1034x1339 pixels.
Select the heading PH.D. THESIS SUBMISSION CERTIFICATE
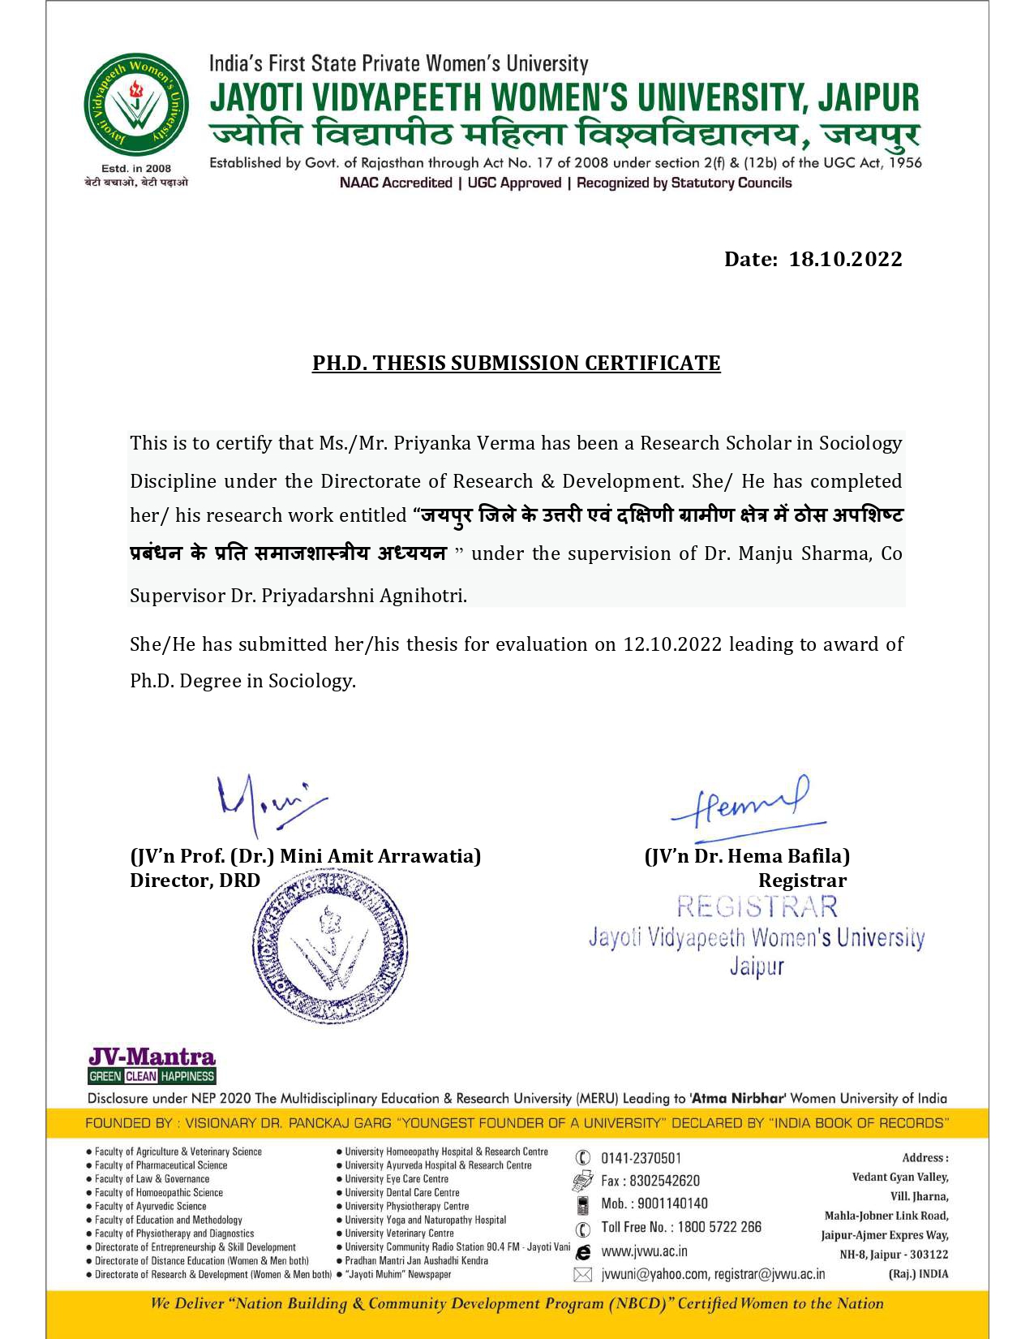[x=517, y=363]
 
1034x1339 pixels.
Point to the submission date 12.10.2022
[x=672, y=644]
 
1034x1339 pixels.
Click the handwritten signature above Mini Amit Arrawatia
[x=268, y=802]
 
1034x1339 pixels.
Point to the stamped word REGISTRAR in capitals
[x=757, y=906]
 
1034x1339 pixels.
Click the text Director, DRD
[x=195, y=880]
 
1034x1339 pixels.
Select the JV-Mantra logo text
[x=152, y=1057]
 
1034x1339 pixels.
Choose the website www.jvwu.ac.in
[x=644, y=1251]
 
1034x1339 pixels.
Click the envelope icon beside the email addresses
[x=582, y=1275]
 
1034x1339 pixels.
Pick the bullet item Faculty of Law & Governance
[x=152, y=1179]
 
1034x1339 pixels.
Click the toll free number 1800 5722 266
[x=719, y=1227]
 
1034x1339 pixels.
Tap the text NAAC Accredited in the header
[x=396, y=183]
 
